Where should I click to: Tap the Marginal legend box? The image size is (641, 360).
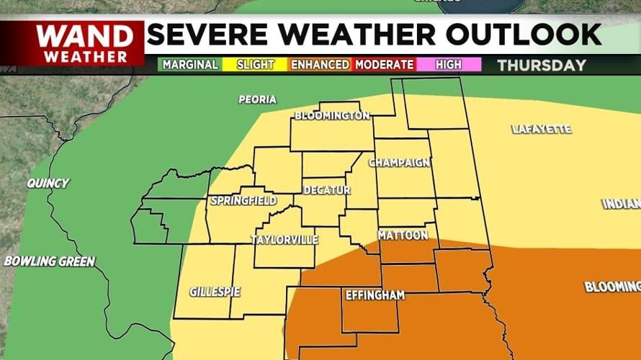tap(190, 65)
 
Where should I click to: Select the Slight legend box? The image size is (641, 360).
tap(256, 65)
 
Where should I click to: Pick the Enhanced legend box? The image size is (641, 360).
tap(320, 65)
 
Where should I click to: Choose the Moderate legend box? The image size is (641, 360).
tap(385, 65)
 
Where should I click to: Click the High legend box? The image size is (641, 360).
tap(449, 65)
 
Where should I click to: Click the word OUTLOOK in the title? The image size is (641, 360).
tap(524, 35)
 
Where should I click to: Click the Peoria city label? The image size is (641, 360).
tap(257, 99)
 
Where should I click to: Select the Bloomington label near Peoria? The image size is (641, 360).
tap(332, 116)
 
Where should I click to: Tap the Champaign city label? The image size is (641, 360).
tap(399, 163)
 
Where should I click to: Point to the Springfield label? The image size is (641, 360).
tap(243, 200)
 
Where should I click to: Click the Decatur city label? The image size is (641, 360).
tap(326, 190)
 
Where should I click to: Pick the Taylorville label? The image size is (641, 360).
tap(284, 240)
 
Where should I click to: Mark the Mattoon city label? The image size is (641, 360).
tap(403, 235)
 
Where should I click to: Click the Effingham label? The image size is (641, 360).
tap(375, 295)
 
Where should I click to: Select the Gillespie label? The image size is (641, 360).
tap(215, 292)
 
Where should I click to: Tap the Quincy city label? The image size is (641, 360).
tap(48, 183)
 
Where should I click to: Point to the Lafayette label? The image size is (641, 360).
tap(541, 130)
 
